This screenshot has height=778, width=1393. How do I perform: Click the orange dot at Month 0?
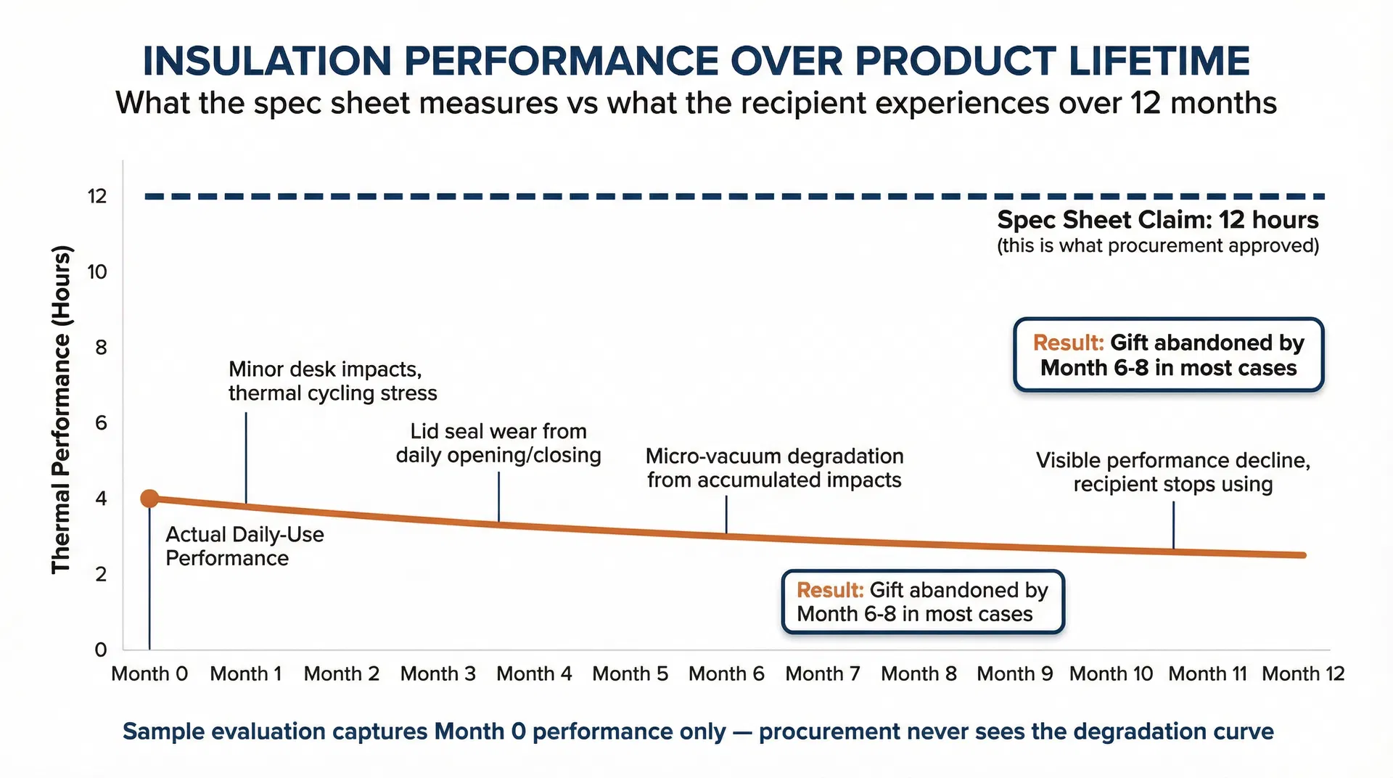click(x=149, y=499)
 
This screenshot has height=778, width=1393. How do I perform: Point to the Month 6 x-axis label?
click(x=726, y=673)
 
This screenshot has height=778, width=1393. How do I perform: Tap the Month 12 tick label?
click(x=1303, y=673)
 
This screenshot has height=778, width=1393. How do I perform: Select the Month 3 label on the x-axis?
click(x=437, y=673)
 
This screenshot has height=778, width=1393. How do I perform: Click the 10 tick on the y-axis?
click(x=97, y=272)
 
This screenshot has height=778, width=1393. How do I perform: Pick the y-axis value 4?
click(x=101, y=499)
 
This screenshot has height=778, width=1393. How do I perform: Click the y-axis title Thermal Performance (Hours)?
click(x=62, y=410)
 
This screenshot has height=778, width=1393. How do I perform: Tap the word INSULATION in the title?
click(x=267, y=61)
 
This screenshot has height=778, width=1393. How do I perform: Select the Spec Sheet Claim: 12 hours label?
click(x=1157, y=220)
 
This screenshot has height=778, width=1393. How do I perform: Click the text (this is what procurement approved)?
click(x=1157, y=246)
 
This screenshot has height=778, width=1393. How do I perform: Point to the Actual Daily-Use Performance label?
click(x=245, y=546)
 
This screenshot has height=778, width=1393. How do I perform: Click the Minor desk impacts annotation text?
click(x=332, y=381)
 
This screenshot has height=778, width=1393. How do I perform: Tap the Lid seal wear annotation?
click(x=498, y=443)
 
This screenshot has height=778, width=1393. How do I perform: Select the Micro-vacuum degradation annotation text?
click(x=774, y=468)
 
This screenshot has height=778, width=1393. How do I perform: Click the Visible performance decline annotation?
click(x=1172, y=472)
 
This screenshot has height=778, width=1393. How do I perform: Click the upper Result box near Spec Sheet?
click(x=1168, y=355)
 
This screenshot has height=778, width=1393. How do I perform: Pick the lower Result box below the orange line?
click(x=922, y=602)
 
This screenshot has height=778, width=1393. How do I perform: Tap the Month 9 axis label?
click(x=1014, y=673)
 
